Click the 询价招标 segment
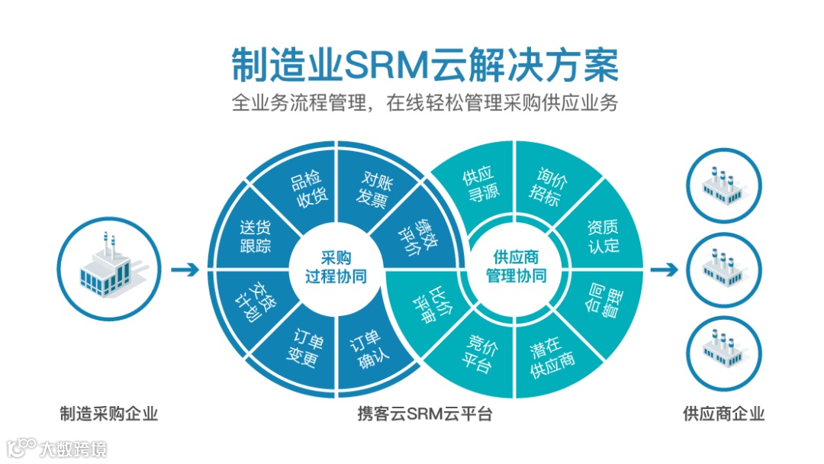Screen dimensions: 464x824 pos(543,186)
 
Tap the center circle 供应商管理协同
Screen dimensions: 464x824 pos(516,267)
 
